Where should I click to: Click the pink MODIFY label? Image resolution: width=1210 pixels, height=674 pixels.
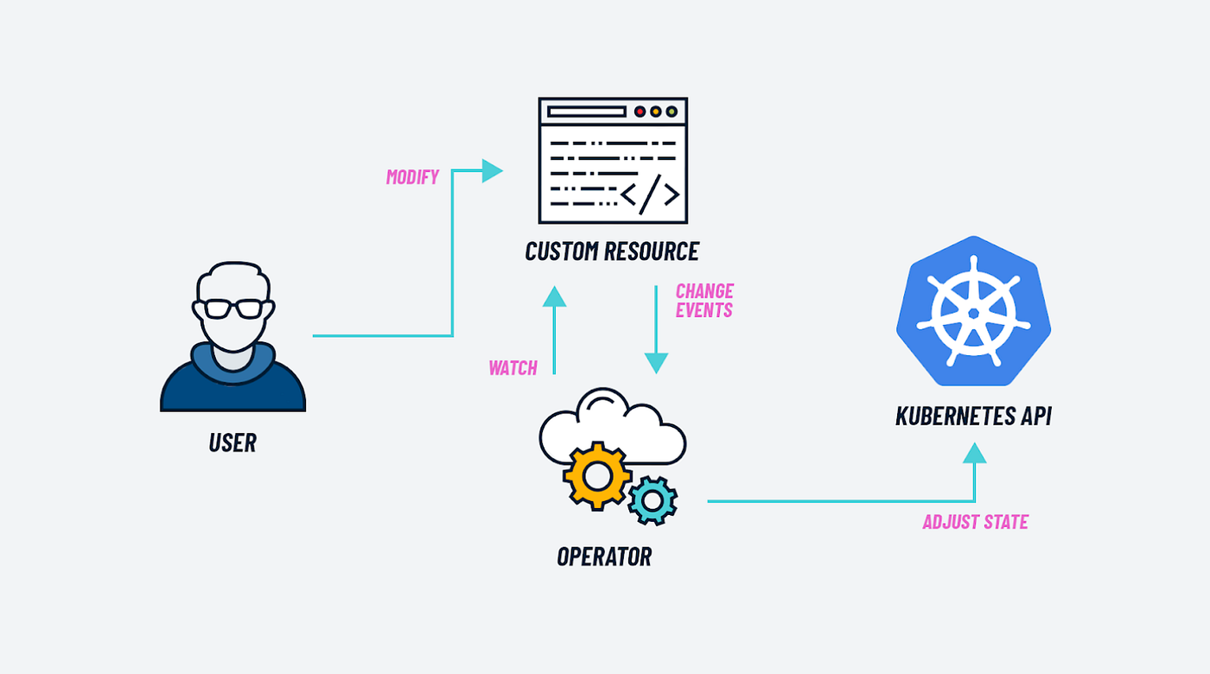coord(412,177)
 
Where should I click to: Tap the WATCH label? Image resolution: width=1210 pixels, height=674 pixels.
coord(513,368)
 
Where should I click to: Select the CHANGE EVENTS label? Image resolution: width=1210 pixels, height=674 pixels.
coord(704,301)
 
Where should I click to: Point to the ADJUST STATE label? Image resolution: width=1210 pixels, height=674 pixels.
coord(976,522)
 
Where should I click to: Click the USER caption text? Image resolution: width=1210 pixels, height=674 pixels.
coord(232,442)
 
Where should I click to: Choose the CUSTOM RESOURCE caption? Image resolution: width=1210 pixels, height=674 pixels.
coord(612,251)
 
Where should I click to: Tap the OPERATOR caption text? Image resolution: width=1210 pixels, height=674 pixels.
coord(604,556)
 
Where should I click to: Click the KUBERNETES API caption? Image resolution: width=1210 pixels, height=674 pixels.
coord(973,416)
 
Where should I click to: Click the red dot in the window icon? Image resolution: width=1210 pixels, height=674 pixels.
coord(640,111)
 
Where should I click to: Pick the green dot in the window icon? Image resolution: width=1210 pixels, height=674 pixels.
coord(672,111)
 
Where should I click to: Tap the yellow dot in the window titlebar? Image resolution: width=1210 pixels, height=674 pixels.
coord(656,111)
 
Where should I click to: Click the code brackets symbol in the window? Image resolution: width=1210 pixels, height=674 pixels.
coord(650,194)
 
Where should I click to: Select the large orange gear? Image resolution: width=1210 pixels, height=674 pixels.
coord(597,476)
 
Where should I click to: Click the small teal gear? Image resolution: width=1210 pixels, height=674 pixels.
coord(653,500)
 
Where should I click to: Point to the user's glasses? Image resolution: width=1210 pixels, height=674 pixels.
coord(233,308)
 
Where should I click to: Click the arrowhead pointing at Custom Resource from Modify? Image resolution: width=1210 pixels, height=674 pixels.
coord(492,171)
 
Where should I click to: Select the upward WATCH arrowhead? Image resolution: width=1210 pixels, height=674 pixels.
coord(554,296)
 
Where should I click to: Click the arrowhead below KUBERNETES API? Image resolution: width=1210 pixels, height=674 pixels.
coord(975,453)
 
